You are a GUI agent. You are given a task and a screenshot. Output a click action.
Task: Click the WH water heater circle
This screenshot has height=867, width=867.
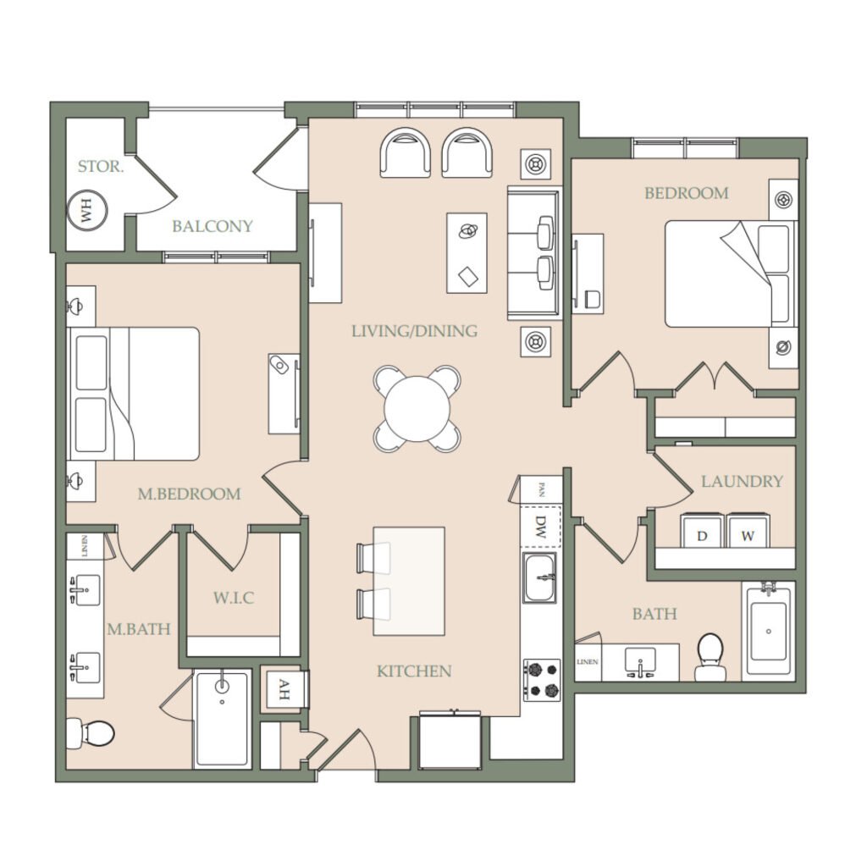[86, 211]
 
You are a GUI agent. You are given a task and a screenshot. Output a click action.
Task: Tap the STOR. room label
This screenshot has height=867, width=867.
[101, 167]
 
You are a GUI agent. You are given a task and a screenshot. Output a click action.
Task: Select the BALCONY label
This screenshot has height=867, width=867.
[213, 226]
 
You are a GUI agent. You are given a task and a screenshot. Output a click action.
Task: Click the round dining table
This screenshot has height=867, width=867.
[417, 409]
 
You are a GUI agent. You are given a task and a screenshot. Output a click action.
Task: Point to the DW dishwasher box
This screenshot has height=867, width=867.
[541, 527]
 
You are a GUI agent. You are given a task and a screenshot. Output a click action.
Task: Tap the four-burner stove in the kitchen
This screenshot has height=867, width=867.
[542, 680]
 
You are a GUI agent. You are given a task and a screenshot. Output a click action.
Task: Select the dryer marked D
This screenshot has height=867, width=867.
[702, 532]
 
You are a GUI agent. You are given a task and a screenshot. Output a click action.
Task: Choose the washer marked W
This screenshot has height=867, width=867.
[747, 532]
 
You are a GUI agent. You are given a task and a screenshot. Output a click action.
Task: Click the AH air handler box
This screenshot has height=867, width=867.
[283, 689]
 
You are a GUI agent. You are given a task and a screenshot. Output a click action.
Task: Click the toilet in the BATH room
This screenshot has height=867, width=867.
[710, 656]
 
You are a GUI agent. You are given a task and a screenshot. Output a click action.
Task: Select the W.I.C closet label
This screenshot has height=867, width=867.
[234, 598]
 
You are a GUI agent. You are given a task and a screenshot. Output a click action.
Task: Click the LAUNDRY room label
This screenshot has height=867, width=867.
[742, 482]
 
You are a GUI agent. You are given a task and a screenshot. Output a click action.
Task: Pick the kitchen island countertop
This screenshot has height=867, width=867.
[409, 581]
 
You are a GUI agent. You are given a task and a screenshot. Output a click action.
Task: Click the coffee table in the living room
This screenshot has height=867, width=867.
[467, 253]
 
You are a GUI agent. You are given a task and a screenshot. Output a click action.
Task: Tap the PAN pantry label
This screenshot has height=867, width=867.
[542, 490]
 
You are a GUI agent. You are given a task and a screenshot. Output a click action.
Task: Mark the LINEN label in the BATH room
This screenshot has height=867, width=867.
[588, 662]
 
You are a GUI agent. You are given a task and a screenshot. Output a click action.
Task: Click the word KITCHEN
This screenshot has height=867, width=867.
[414, 671]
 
